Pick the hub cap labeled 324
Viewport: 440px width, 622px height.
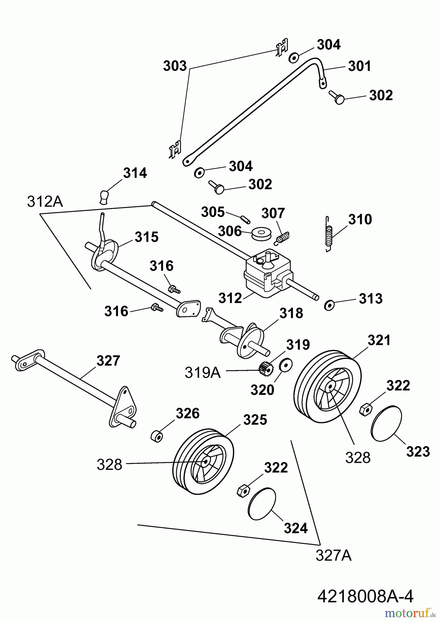pyautogui.click(x=262, y=504)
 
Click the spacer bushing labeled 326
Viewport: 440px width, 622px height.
pyautogui.click(x=157, y=435)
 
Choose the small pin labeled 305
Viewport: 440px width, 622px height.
pyautogui.click(x=245, y=219)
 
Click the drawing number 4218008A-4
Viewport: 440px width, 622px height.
pyautogui.click(x=365, y=596)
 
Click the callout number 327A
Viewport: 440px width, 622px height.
pyautogui.click(x=333, y=555)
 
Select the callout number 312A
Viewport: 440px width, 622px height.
pyautogui.click(x=45, y=202)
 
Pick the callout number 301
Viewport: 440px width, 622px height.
pyautogui.click(x=359, y=66)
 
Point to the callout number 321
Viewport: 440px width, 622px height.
pyautogui.click(x=379, y=340)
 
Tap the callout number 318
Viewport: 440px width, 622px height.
pyautogui.click(x=291, y=313)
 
